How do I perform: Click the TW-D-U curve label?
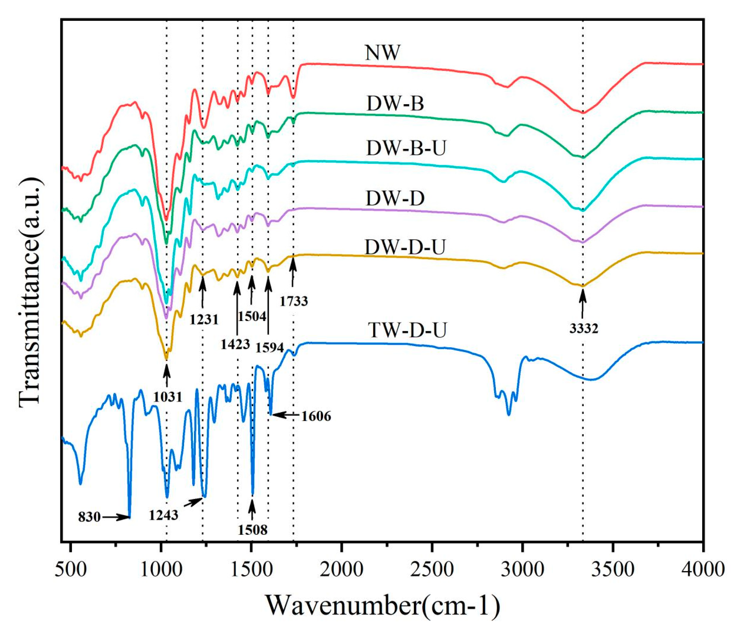407,330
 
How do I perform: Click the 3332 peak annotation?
584,329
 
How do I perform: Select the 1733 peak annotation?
294,301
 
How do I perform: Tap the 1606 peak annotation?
316,416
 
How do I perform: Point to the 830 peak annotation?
89,517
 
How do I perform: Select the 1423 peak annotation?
235,344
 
